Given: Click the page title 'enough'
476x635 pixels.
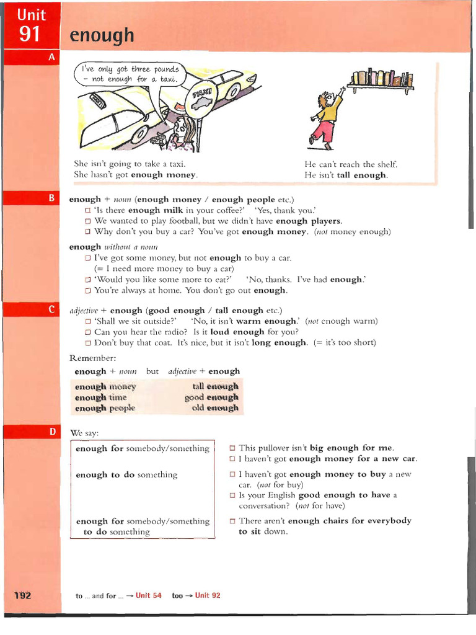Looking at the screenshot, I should [x=102, y=35].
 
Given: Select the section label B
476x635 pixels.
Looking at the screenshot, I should [x=52, y=198].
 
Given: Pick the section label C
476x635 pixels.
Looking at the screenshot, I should [x=52, y=309].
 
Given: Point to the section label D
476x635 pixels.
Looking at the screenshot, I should [x=52, y=431].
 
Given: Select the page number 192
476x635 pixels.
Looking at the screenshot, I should [x=22, y=595].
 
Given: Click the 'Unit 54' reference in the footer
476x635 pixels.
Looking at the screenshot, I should [x=148, y=595].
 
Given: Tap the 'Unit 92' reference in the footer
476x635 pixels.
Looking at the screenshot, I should [x=208, y=595].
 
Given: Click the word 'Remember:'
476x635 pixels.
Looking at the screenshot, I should [x=92, y=358].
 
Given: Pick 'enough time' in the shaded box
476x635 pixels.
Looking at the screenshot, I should [x=100, y=397].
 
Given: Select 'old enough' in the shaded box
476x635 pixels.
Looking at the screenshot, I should [x=215, y=408].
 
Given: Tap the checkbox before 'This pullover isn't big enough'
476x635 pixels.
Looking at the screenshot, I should [x=232, y=448].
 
